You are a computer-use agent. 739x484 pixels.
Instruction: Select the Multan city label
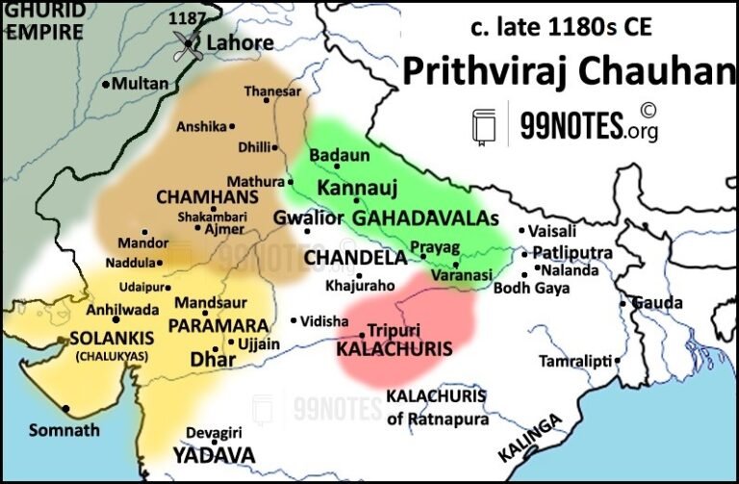[140, 84]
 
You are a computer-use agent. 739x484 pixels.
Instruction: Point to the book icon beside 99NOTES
[484, 125]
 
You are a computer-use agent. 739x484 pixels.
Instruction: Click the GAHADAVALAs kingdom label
[425, 218]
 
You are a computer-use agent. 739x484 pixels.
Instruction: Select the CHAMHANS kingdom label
[195, 196]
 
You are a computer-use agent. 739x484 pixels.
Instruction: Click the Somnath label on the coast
[64, 429]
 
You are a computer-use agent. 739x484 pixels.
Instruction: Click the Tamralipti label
[574, 360]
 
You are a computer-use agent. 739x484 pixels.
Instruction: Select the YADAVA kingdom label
[214, 454]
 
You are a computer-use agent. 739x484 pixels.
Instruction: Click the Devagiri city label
[214, 434]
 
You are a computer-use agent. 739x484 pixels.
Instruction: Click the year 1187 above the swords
[187, 18]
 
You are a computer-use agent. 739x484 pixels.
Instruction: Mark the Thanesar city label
[266, 91]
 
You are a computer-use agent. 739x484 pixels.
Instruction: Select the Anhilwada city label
[97, 309]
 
